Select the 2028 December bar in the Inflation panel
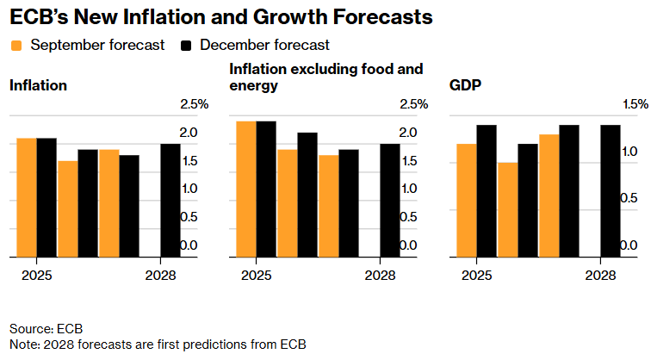pos(170,200)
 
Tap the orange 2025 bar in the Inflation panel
pos(26,197)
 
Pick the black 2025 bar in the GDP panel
pos(487,191)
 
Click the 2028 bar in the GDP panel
pos(611,191)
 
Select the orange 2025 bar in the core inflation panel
pos(246,189)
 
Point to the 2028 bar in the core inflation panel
pos(390,200)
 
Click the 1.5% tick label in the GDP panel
pos(634,104)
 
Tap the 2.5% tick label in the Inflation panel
pos(194,104)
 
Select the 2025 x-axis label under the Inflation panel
pos(36,276)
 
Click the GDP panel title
pos(465,85)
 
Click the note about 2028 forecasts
pos(158,344)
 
